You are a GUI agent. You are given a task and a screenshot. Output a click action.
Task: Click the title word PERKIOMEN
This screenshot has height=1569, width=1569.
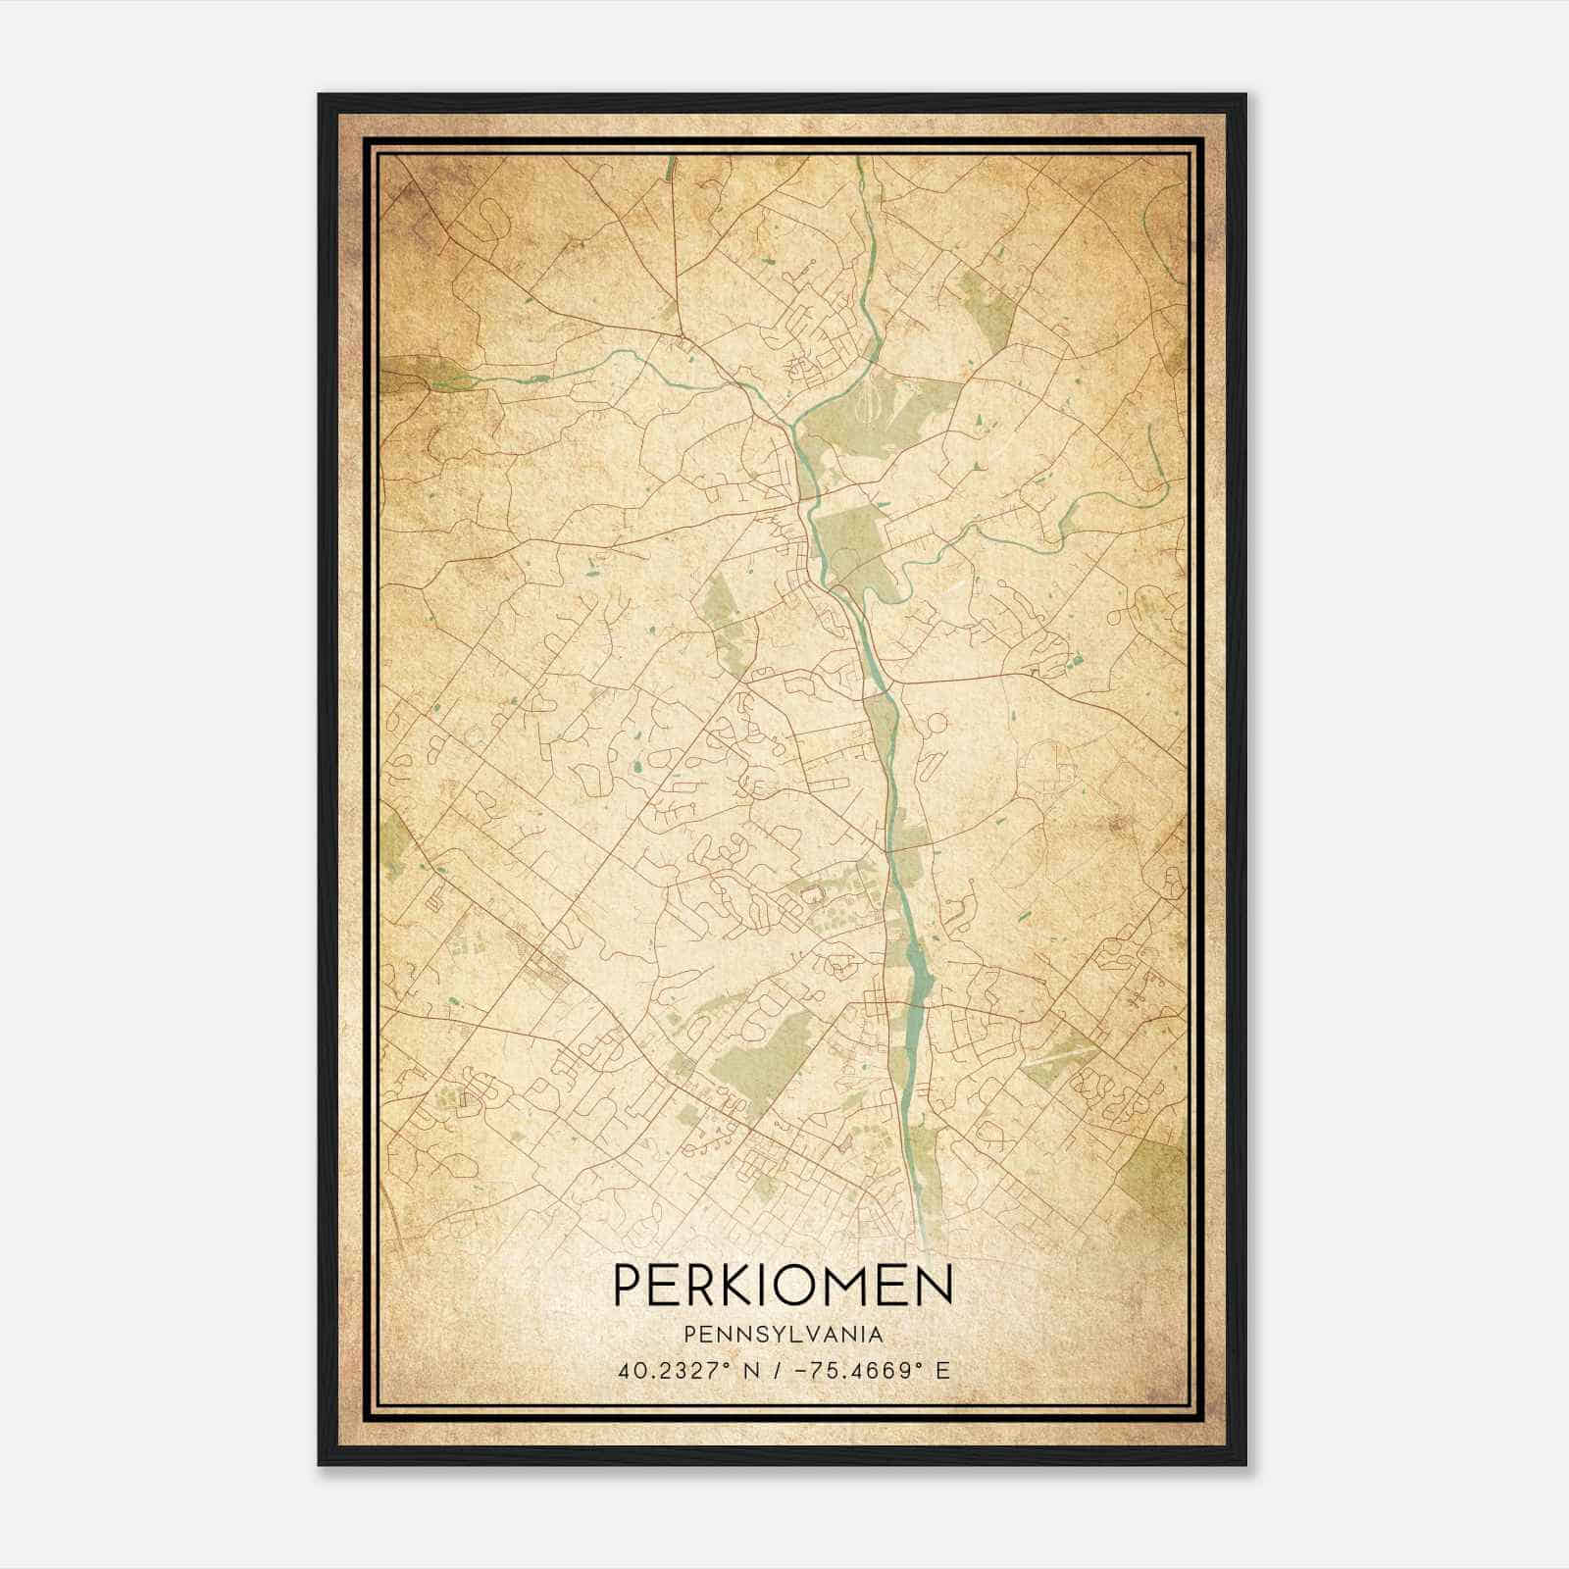pos(783,1285)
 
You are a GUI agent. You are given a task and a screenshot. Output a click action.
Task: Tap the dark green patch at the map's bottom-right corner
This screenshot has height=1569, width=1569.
pos(1153,1172)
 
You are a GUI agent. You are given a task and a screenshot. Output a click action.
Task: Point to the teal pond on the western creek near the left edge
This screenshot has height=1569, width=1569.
pos(538,376)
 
